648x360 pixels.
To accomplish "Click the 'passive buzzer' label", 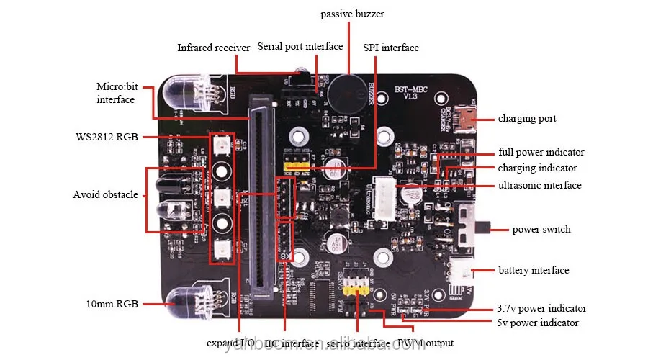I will coord(353,14).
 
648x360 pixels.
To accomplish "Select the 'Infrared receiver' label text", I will coord(214,48).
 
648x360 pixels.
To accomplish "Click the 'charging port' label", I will coord(527,118).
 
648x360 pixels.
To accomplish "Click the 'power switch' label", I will coord(541,230).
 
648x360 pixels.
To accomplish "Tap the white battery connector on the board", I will coord(462,272).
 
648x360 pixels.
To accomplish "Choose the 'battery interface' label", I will coord(534,270).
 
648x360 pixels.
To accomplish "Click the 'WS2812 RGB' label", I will coord(107,137).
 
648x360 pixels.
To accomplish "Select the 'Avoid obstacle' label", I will coord(105,194).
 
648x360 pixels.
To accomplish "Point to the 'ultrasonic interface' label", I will coord(539,185).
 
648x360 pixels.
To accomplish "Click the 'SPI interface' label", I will coord(391,48).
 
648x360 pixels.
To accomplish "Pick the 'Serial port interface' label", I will coord(300,46).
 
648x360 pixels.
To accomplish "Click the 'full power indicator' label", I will coord(541,153).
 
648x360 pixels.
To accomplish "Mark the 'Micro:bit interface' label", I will coord(115,93).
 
